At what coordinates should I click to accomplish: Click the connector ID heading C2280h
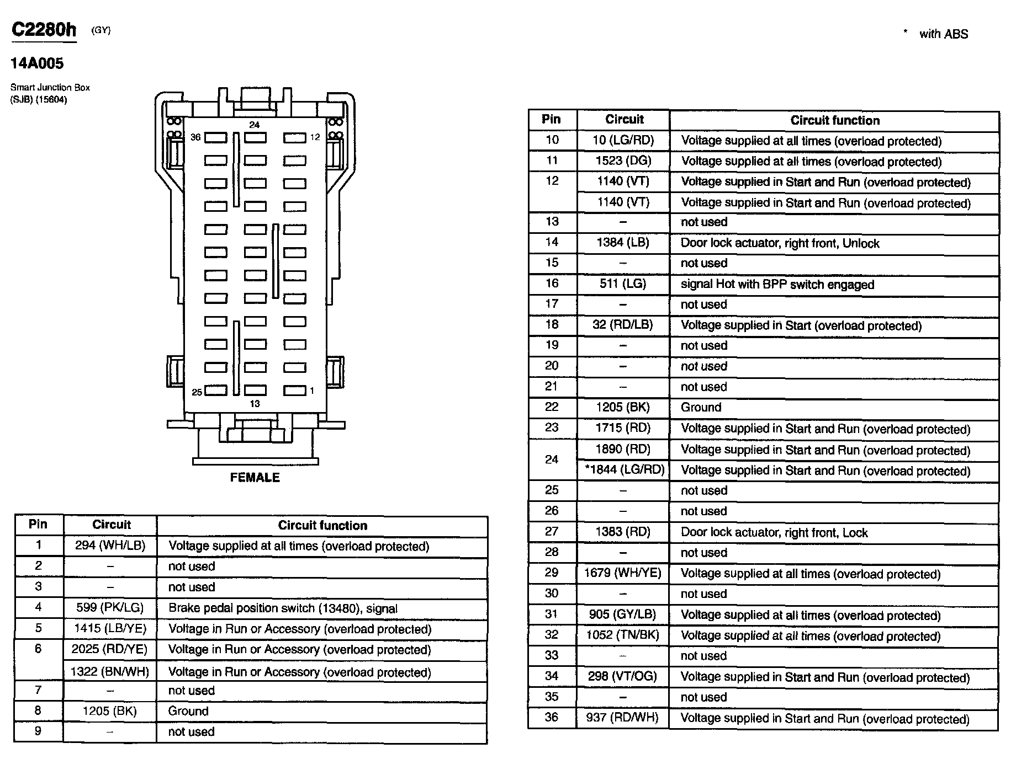[x=44, y=30]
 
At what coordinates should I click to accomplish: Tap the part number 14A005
[x=37, y=63]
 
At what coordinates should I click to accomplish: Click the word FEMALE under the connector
[x=255, y=478]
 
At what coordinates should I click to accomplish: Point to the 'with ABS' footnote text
[x=943, y=34]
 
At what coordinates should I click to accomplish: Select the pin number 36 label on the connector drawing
[x=195, y=137]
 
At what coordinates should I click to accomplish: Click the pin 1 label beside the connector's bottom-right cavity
[x=312, y=391]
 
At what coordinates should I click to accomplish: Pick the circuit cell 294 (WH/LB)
[x=110, y=546]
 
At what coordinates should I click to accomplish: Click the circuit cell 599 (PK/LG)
[x=110, y=608]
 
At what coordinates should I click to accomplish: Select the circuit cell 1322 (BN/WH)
[x=110, y=672]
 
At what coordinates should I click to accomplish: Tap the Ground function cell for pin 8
[x=188, y=711]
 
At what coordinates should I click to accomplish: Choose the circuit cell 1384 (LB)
[x=623, y=242]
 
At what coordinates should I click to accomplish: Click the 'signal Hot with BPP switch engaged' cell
[x=777, y=285]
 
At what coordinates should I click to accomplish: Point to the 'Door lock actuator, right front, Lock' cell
[x=774, y=532]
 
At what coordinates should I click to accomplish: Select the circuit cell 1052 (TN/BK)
[x=623, y=635]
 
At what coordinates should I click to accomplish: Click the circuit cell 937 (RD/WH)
[x=623, y=718]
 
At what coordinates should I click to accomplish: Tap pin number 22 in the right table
[x=552, y=407]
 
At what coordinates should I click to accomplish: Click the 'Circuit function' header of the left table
[x=322, y=525]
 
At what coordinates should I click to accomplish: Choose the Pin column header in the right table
[x=551, y=119]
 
